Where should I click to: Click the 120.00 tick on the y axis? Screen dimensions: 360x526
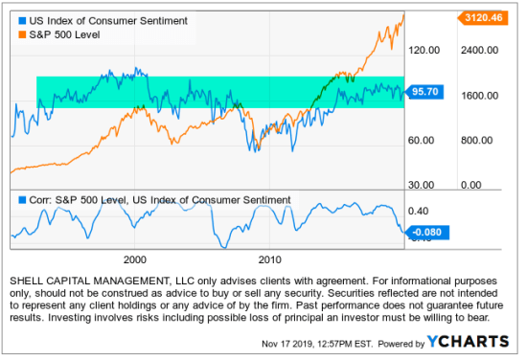423,51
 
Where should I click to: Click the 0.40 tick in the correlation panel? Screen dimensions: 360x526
418,210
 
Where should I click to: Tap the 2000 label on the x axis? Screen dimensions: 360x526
134,259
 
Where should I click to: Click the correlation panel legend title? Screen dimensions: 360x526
159,200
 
